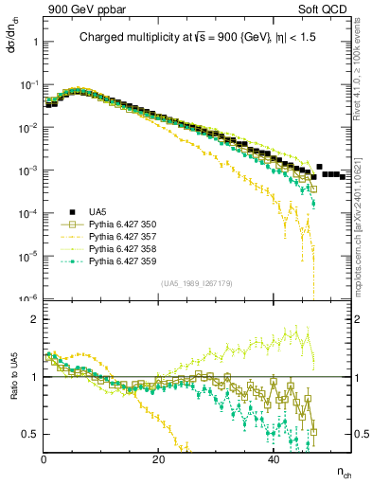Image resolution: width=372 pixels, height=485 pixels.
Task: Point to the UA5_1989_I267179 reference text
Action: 195,282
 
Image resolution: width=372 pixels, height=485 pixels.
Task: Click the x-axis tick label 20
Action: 158,460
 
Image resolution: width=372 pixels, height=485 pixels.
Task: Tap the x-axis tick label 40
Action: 273,460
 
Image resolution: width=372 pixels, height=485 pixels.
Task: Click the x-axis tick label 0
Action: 44,460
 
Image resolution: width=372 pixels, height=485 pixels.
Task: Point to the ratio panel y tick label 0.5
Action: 30,434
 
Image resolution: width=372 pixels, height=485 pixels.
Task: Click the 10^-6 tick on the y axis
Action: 28,298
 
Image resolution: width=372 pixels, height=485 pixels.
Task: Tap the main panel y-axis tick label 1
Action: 35,43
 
